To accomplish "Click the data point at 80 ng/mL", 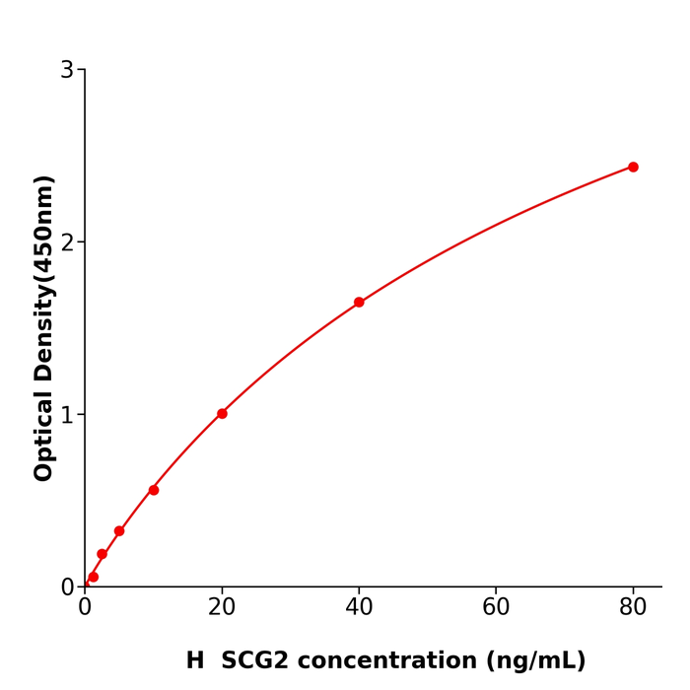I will click(x=633, y=168).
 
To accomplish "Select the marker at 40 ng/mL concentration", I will click(x=359, y=303).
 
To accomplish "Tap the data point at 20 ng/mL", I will click(x=222, y=414).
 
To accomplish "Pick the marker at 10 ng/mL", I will click(x=154, y=490).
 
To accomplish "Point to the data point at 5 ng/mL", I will click(x=119, y=531).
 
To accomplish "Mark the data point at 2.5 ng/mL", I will click(x=102, y=554).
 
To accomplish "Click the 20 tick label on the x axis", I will click(x=222, y=608).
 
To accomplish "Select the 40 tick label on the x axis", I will click(x=359, y=608).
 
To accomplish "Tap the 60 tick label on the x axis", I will click(x=496, y=608).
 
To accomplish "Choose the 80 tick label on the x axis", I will click(x=633, y=608).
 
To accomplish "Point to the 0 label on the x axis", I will click(x=85, y=608).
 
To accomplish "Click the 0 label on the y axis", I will click(x=67, y=587).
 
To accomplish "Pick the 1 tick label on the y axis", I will click(x=67, y=415).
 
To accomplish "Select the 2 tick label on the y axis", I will click(x=67, y=242).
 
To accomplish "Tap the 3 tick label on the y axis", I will click(x=67, y=70).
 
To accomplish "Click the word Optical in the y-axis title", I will click(x=44, y=437).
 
